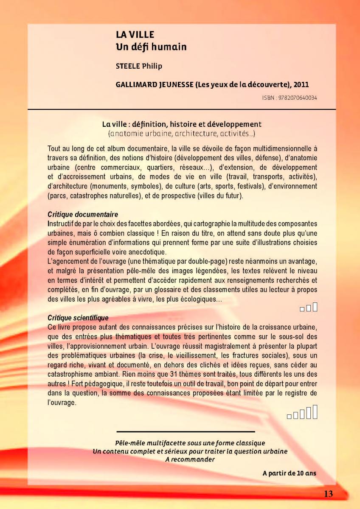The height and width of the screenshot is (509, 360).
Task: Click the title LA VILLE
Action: (135, 35)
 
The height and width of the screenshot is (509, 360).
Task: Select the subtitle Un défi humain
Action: (151, 47)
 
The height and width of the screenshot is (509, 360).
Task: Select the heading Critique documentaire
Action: (83, 215)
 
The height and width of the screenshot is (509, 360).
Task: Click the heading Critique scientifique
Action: (78, 318)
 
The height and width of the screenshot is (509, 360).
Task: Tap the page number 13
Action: (328, 494)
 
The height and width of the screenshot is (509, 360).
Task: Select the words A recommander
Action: (189, 459)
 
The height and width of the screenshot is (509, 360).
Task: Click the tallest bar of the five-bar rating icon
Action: (315, 412)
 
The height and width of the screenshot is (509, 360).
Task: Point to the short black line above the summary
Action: (186, 432)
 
